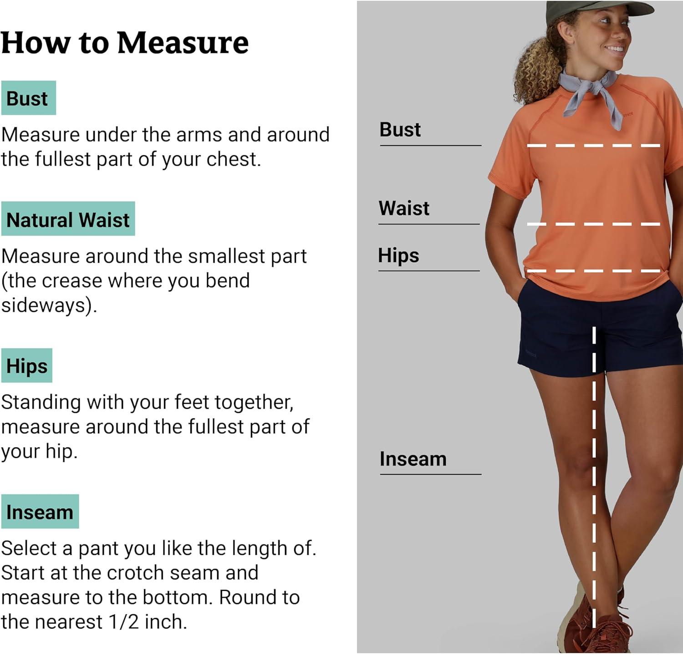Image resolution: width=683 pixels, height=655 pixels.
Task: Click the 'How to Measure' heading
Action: coord(125,43)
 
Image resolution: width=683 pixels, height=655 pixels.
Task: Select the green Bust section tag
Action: coord(28,98)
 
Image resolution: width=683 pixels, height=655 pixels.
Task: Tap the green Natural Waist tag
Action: coord(68,219)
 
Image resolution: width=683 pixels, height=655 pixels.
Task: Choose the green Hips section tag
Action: coord(27,366)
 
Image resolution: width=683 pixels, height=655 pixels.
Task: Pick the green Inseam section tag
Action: coord(40,512)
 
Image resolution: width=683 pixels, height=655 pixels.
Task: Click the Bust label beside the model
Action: coord(400,130)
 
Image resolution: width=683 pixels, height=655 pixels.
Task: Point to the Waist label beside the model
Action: coord(404,208)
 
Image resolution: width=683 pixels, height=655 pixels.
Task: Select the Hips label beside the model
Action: coord(398,256)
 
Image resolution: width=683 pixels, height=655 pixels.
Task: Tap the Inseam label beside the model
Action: coord(413,459)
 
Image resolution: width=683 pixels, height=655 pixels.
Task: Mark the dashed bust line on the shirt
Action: coord(594,146)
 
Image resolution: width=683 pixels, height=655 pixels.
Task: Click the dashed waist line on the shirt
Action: coord(594,224)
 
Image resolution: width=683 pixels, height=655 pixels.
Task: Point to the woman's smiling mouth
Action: coord(616,49)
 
